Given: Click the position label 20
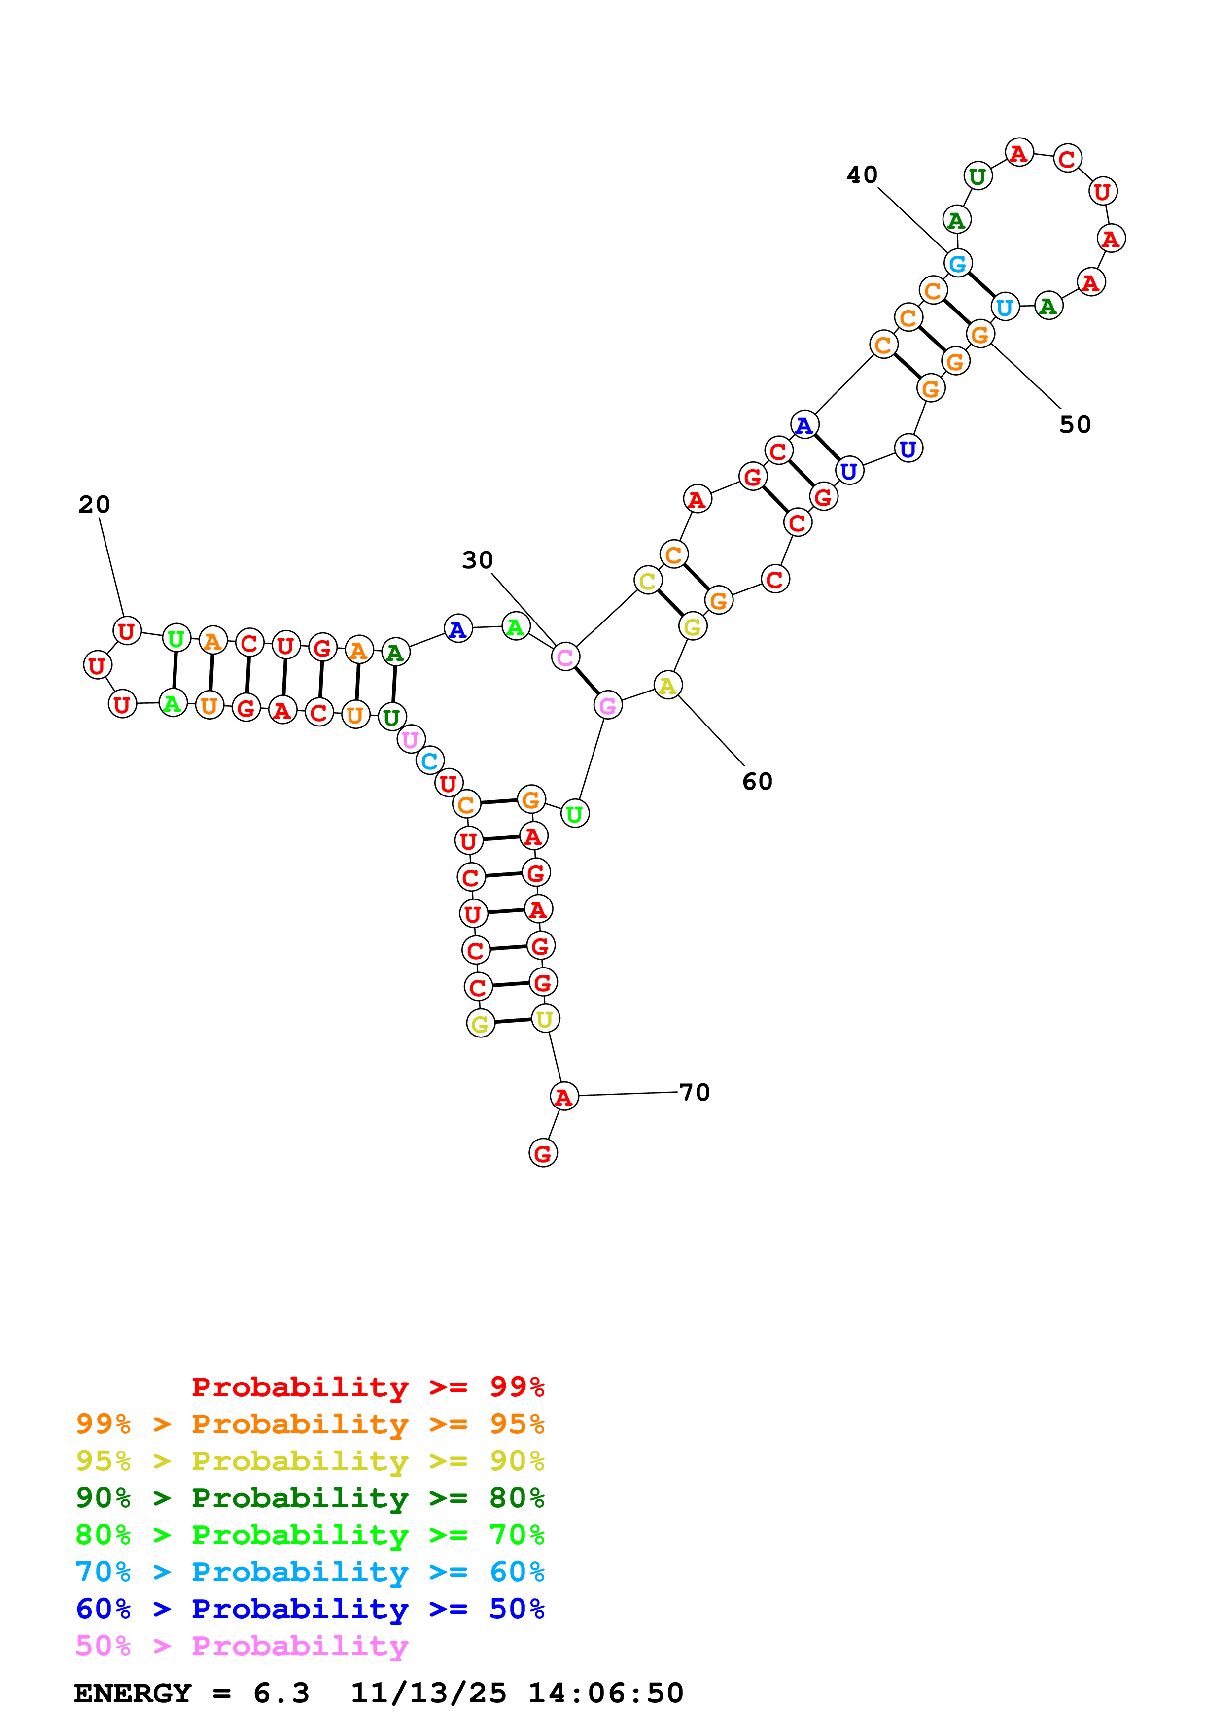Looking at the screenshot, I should (94, 505).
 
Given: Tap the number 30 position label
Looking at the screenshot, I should (477, 560).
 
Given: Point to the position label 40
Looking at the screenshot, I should (862, 174).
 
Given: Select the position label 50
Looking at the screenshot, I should (1075, 425).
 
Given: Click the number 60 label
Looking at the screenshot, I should (758, 782).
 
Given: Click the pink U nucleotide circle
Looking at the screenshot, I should (410, 740).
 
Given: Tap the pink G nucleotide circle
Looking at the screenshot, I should (608, 706).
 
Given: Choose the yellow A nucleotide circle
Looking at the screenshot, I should (667, 685).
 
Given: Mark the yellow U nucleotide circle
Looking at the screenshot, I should (545, 1020).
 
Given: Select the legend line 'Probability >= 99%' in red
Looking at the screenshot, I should (367, 1386).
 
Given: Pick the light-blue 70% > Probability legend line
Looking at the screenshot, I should (310, 1572).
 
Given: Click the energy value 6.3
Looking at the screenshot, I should (281, 1693).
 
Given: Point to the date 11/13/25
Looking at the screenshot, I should (428, 1693).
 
